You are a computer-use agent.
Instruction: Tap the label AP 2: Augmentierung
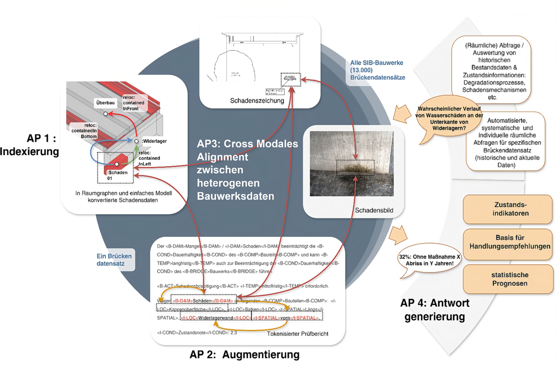pyautogui.click(x=244, y=354)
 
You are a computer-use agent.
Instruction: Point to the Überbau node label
pyautogui.click(x=106, y=102)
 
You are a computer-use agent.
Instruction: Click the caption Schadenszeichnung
pyautogui.click(x=257, y=100)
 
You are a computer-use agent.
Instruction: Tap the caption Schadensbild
pyautogui.click(x=374, y=209)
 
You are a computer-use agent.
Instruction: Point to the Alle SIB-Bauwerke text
pyautogui.click(x=377, y=70)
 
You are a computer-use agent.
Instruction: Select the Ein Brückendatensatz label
pyautogui.click(x=114, y=260)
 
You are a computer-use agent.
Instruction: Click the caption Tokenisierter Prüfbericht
pyautogui.click(x=297, y=334)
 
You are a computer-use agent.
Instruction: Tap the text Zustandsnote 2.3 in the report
pyautogui.click(x=197, y=332)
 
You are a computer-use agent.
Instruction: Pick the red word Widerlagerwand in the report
pyautogui.click(x=217, y=318)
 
